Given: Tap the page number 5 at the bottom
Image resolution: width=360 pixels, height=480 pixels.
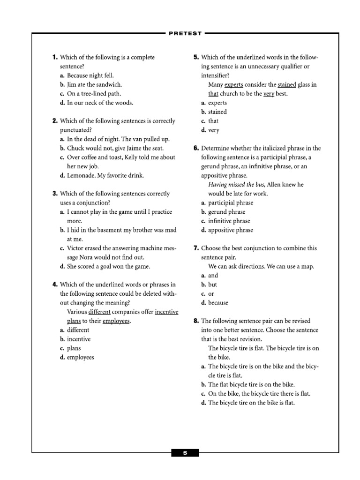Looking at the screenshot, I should (x=185, y=453).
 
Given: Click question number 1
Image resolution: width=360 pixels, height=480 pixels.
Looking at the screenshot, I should (x=55, y=57).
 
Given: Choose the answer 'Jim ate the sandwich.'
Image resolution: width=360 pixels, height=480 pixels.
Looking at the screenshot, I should (x=94, y=84).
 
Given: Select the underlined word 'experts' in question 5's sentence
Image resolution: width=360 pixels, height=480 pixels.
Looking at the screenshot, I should (x=233, y=84).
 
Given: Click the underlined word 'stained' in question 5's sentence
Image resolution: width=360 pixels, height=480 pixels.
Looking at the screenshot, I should (x=287, y=84).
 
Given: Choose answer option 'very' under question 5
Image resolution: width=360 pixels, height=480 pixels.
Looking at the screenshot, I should (x=214, y=130).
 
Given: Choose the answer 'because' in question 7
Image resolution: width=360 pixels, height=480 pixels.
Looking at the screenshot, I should (x=218, y=302).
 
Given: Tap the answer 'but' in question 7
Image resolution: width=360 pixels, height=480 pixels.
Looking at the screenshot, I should (x=212, y=284).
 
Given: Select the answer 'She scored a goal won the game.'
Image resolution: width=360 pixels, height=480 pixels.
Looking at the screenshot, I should (x=108, y=266).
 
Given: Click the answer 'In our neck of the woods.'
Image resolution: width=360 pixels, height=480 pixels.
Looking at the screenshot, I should (x=100, y=103).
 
